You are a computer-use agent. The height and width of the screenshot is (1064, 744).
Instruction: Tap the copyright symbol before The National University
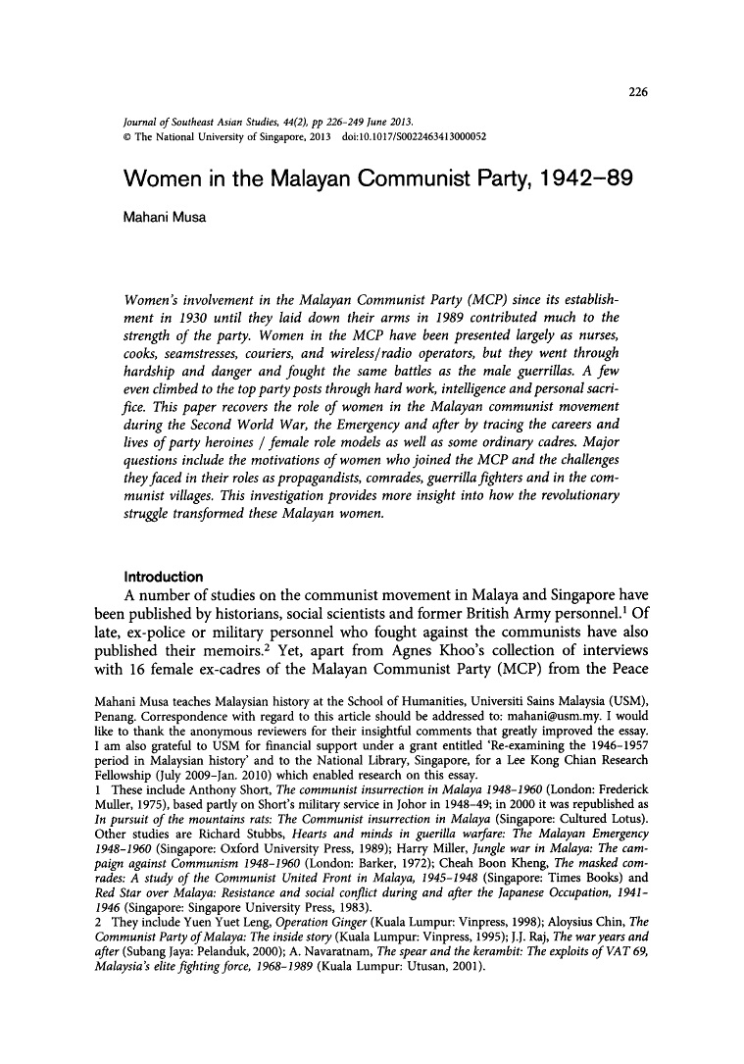pyautogui.click(x=124, y=136)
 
